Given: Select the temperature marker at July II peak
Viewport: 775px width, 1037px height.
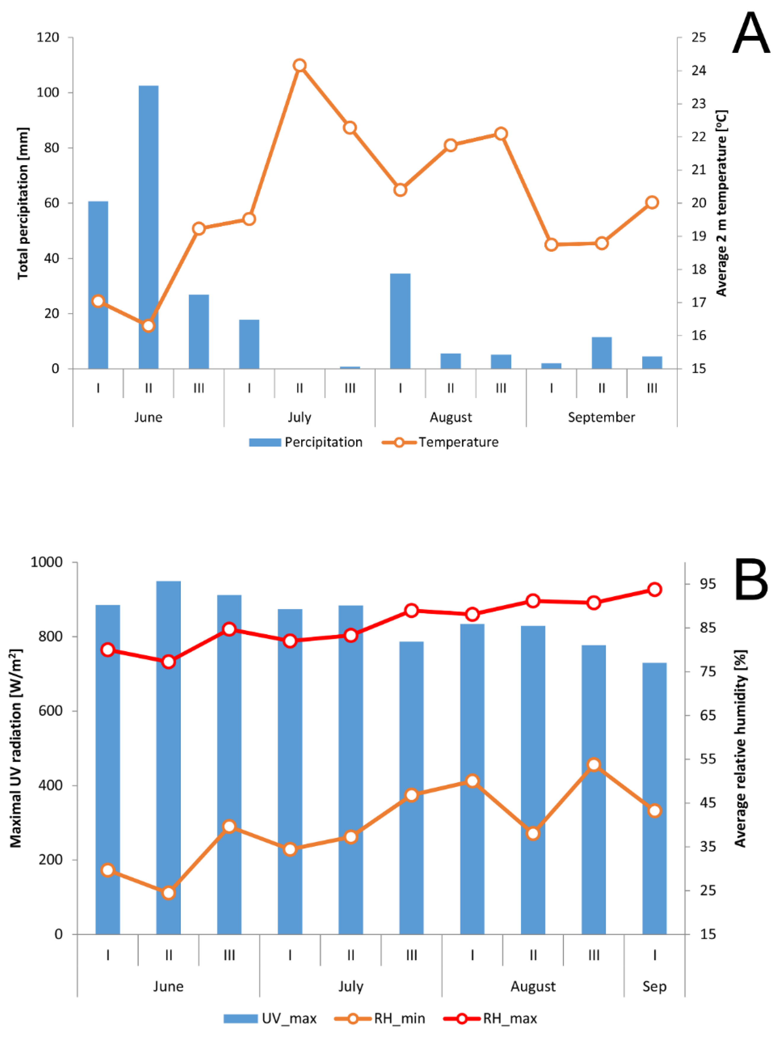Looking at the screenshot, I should point(300,65).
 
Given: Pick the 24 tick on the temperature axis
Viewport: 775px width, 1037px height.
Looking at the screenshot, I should point(698,70).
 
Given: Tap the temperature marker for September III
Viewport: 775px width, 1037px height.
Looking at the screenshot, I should point(652,203).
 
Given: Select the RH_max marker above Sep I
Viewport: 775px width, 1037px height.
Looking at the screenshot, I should point(654,589).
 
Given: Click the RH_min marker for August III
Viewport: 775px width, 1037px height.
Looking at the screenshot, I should point(594,765).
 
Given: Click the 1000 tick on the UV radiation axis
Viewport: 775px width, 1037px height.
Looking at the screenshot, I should point(47,562).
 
